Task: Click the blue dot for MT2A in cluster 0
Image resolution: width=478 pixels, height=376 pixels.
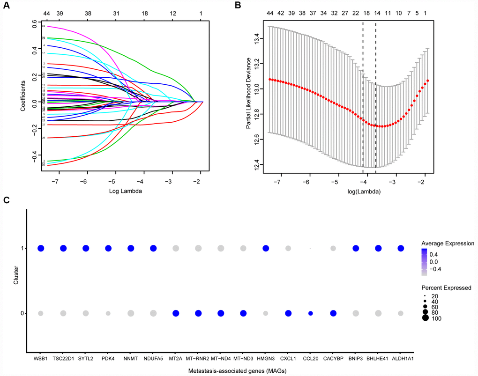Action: (x=176, y=313)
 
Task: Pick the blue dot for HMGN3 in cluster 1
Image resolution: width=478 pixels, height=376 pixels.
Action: (x=266, y=248)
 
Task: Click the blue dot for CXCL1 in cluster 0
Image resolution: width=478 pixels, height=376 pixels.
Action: (x=288, y=313)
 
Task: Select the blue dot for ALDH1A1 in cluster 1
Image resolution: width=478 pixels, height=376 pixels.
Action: (x=401, y=248)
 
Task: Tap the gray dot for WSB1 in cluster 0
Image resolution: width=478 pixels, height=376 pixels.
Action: (x=40, y=313)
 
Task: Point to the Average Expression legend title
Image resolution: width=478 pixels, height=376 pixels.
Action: (x=447, y=243)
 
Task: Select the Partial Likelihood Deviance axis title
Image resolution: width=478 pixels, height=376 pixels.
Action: (x=249, y=94)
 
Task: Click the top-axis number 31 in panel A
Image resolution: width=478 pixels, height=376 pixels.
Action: (x=116, y=14)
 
